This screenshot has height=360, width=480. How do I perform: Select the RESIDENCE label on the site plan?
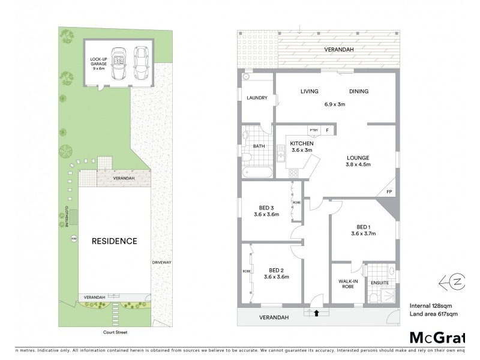(114, 241)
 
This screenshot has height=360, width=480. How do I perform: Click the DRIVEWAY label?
(161, 262)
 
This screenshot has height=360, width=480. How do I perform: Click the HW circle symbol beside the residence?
(74, 239)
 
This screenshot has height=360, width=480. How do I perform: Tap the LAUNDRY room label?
(256, 98)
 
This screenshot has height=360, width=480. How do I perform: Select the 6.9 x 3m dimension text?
(334, 104)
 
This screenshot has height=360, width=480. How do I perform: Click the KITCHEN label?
(301, 144)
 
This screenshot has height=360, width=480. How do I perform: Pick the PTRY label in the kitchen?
(313, 130)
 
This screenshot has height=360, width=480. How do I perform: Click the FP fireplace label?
(389, 192)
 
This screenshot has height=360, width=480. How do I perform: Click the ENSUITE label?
(379, 283)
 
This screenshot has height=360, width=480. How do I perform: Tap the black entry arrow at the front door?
(316, 312)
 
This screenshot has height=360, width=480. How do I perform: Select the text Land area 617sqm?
(433, 314)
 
